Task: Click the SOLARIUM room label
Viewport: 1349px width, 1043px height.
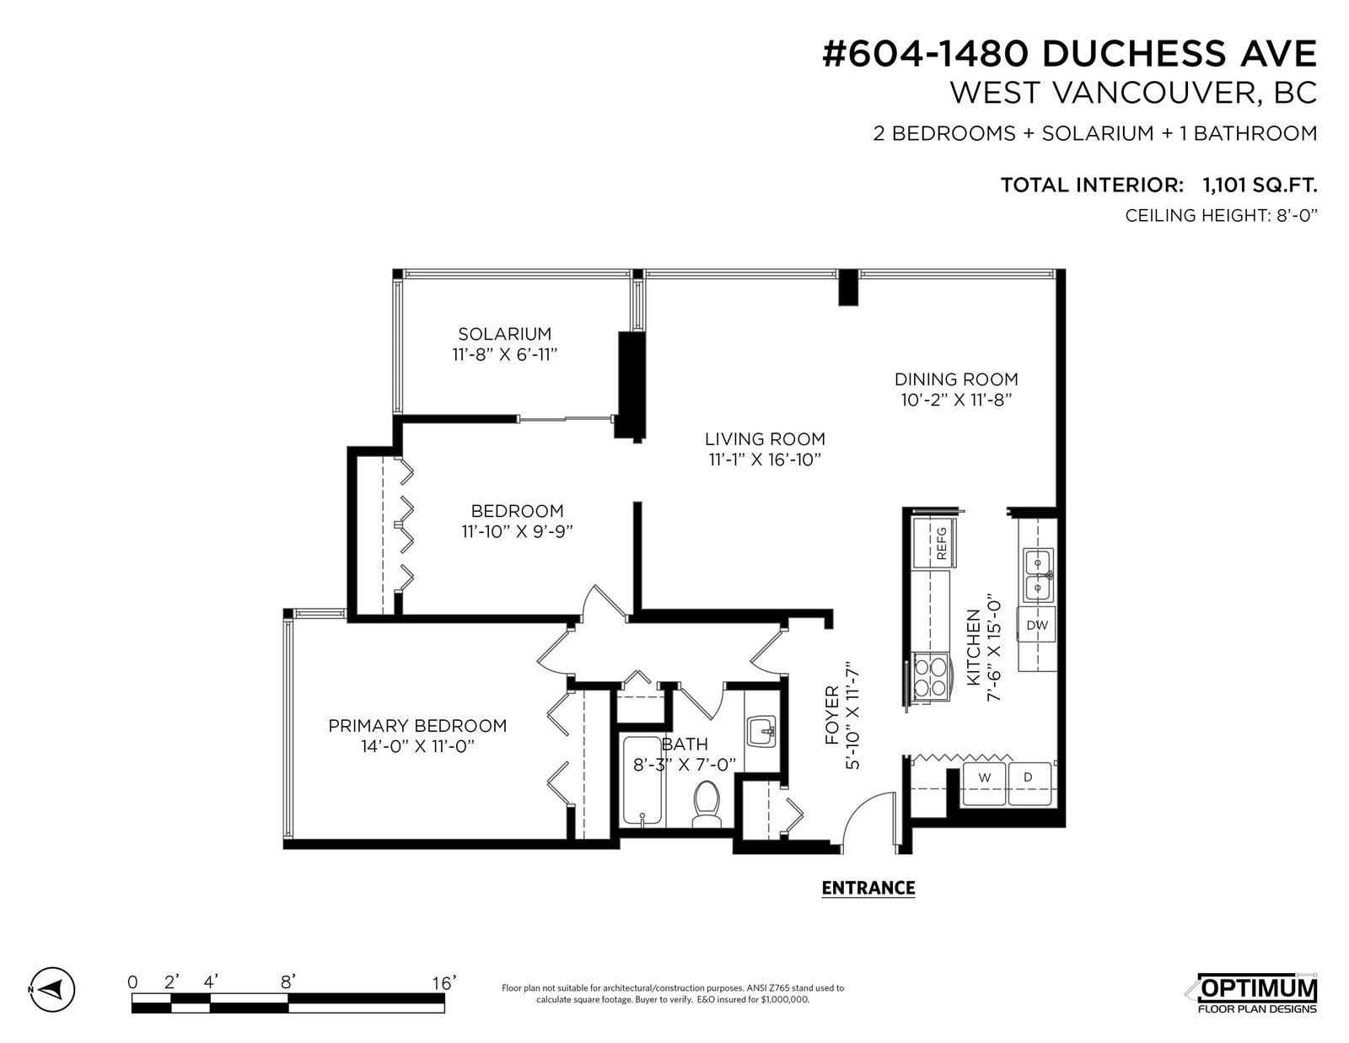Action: click(x=504, y=334)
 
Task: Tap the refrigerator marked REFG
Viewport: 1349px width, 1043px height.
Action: click(x=934, y=543)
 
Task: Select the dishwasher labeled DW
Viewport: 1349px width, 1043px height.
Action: click(x=1036, y=625)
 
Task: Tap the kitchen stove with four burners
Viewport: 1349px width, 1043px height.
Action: click(x=931, y=677)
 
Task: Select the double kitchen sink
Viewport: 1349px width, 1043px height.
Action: click(x=1038, y=574)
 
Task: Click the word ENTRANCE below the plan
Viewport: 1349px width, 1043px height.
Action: click(x=868, y=889)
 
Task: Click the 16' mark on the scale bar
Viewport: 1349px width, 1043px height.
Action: click(x=443, y=982)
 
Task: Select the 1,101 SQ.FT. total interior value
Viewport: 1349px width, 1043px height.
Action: click(x=1260, y=185)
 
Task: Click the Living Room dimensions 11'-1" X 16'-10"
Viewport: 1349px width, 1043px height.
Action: click(x=765, y=460)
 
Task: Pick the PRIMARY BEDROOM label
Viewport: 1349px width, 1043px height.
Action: click(x=417, y=725)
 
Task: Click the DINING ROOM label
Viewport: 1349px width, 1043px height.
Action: click(x=956, y=379)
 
